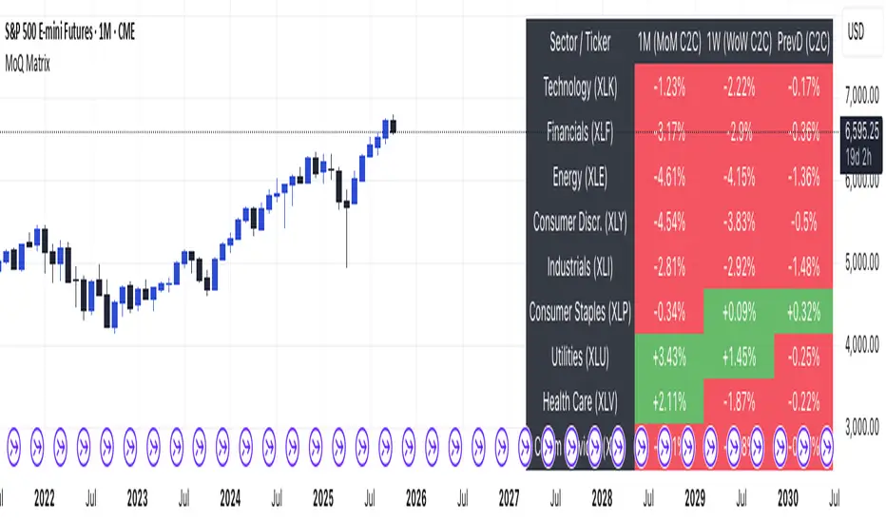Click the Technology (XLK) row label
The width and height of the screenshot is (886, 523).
(580, 89)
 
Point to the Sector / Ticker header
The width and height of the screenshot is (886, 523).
(580, 43)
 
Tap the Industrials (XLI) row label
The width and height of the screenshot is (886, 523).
(580, 268)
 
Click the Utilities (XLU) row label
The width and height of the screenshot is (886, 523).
(580, 358)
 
